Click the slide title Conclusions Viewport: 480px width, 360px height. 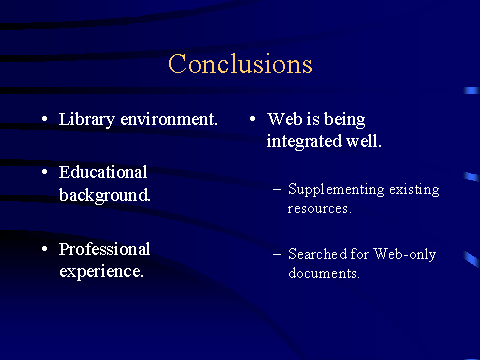240,63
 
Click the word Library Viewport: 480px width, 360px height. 87,120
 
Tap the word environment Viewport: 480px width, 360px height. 169,119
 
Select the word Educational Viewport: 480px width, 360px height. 103,172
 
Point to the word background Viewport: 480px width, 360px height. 104,195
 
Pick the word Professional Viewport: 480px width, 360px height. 104,249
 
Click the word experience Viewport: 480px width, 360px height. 101,272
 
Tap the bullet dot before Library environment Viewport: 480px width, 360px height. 45,119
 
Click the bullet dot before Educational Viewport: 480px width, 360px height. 45,172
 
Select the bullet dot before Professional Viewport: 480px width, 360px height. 45,249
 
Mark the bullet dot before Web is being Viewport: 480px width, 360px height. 253,119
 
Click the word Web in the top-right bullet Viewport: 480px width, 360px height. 285,119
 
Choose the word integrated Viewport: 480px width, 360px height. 304,142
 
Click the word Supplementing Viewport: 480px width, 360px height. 336,190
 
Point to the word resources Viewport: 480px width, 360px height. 320,209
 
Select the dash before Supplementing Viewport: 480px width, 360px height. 277,190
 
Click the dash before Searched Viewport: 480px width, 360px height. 277,255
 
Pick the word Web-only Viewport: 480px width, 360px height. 404,254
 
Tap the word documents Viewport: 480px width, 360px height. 324,273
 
